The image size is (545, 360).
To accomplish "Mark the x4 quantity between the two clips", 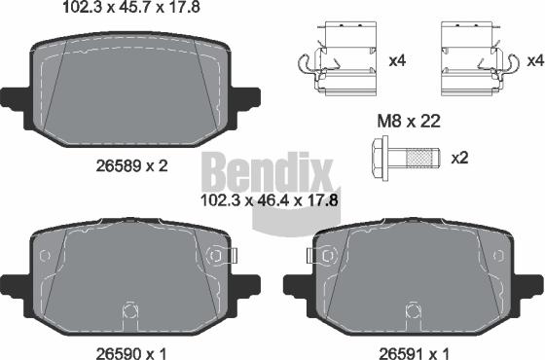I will pyautogui.click(x=396, y=60).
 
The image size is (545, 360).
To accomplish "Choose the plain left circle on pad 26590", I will pyautogui.click(x=43, y=256).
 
